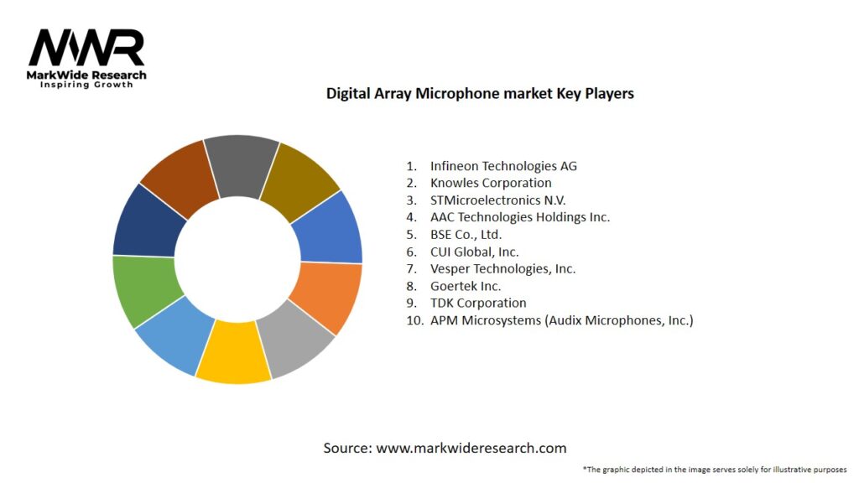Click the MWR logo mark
[x=86, y=48]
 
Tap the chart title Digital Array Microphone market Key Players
[x=480, y=94]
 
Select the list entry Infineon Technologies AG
[x=503, y=166]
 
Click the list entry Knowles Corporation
[x=491, y=183]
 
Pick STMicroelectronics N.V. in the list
[x=497, y=200]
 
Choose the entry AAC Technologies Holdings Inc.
[x=519, y=217]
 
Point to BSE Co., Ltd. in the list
[x=466, y=235]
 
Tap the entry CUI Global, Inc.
[x=474, y=252]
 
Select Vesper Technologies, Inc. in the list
[x=502, y=269]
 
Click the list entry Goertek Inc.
[x=466, y=286]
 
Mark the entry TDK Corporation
[x=478, y=303]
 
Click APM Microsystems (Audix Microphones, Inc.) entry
[x=561, y=320]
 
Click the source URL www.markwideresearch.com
[x=471, y=448]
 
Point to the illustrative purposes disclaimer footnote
[x=714, y=469]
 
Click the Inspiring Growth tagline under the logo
[x=86, y=86]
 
